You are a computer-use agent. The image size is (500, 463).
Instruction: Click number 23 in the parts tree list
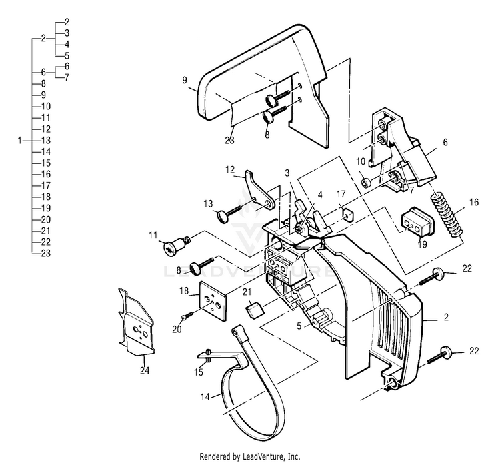(46, 253)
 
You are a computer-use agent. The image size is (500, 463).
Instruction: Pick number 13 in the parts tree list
(46, 141)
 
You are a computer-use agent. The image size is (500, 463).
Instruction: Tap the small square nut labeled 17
(347, 214)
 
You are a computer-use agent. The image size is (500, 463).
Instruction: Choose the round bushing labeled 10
(365, 182)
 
